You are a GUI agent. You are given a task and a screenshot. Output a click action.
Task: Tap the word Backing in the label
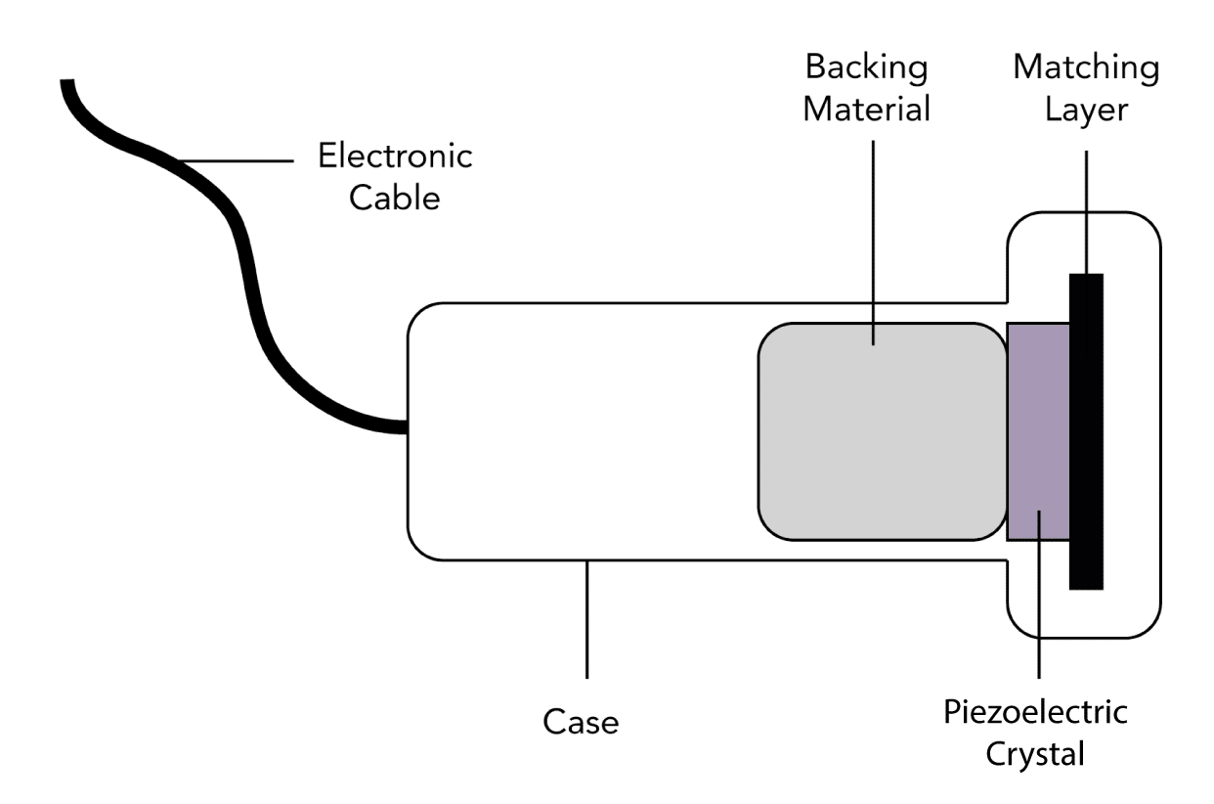point(866,68)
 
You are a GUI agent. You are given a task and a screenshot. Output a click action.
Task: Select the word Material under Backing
point(866,109)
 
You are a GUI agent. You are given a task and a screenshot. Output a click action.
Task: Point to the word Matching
point(1086,68)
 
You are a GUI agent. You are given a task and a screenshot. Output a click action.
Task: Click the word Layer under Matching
point(1086,109)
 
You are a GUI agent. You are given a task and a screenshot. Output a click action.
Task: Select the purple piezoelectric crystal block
point(1037,430)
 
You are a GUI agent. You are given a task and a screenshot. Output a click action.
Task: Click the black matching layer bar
point(1086,430)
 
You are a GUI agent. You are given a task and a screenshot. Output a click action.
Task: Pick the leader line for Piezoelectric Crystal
point(1039,606)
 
